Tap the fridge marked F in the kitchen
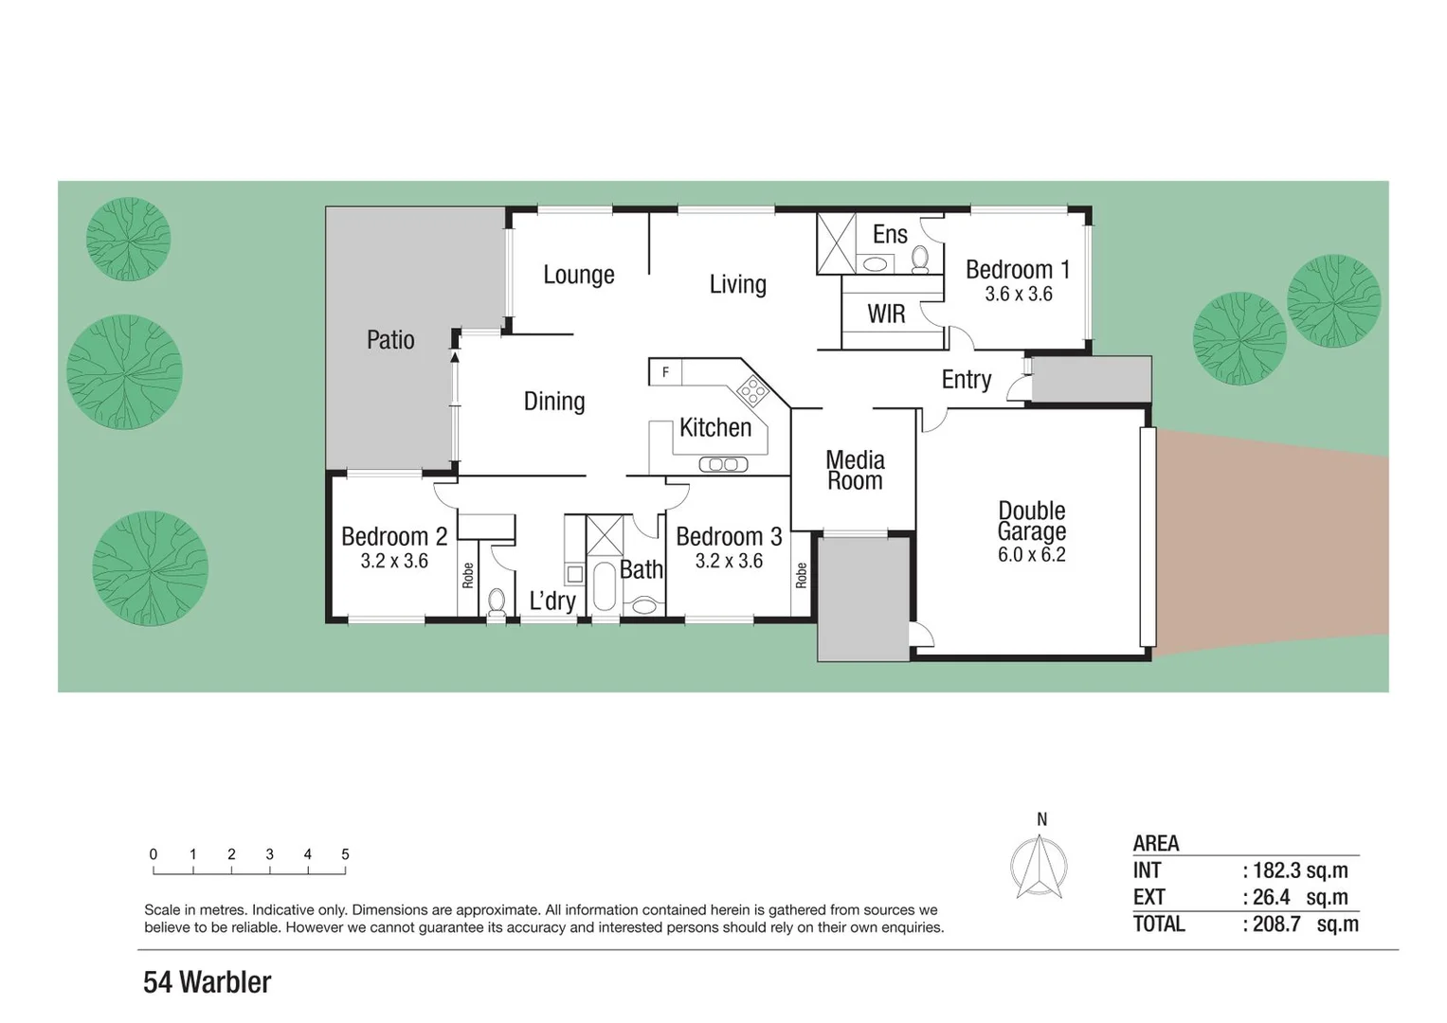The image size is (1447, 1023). coord(665,372)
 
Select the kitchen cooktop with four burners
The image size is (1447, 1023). coord(753,387)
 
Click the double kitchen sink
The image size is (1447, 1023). coord(723,464)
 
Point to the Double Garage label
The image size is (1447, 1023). coord(1031,521)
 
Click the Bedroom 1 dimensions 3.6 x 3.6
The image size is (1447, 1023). coord(1018,295)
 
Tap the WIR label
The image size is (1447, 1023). coord(886,314)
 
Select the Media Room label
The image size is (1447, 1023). coord(855,471)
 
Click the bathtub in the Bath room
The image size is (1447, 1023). coord(604,587)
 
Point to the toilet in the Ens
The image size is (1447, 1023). coord(919,257)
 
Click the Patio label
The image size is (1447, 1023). coord(390,339)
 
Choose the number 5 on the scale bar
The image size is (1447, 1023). coord(345,854)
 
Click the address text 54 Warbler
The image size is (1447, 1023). coord(207,982)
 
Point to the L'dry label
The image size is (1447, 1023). coord(552,601)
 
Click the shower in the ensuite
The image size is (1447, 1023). coord(836,243)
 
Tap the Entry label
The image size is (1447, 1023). coord(966,380)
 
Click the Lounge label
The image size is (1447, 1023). coord(578,275)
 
